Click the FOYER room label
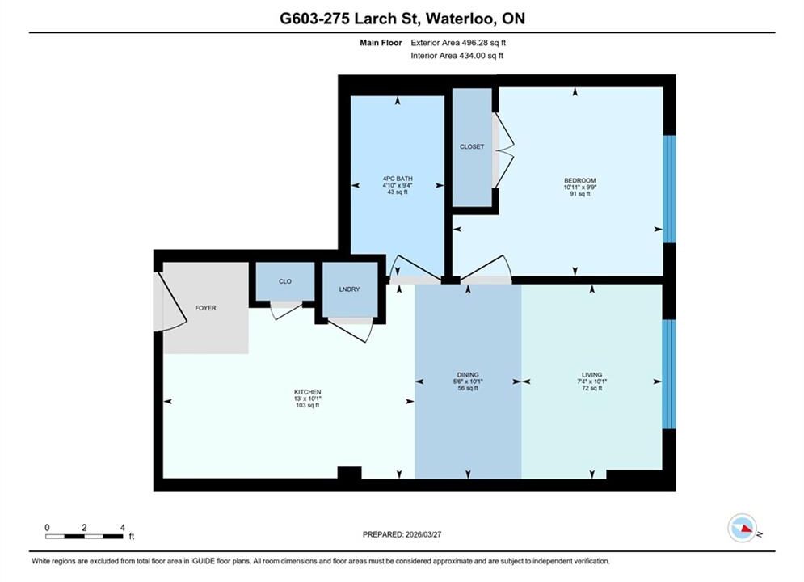[205, 308]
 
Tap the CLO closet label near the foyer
[285, 281]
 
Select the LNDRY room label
[349, 289]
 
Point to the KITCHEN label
[308, 392]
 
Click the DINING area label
[468, 375]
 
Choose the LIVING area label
[591, 375]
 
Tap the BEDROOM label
[580, 180]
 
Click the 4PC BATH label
[398, 179]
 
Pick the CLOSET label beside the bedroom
[472, 146]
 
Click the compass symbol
[742, 528]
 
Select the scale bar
[84, 537]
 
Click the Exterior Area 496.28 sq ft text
[458, 43]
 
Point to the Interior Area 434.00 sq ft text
[457, 56]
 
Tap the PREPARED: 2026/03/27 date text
[402, 534]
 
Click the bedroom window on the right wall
[669, 189]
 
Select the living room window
[669, 374]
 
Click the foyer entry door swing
[170, 302]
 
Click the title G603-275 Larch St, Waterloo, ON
[402, 19]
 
